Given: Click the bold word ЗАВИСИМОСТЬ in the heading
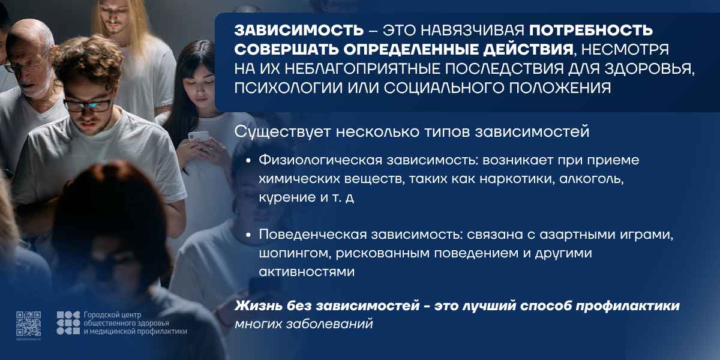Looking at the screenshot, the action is point(299,31).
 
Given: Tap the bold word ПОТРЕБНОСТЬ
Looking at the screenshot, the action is point(591,31).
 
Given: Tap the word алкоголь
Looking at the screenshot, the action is point(592,179).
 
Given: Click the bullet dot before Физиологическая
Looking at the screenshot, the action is point(248,160).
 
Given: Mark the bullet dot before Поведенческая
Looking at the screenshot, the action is point(248,235).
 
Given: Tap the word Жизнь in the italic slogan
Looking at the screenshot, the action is point(258,305).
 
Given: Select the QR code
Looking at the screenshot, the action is point(29,323).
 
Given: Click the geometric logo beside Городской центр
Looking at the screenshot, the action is point(68,323).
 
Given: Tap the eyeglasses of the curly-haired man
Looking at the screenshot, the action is point(87,106).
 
